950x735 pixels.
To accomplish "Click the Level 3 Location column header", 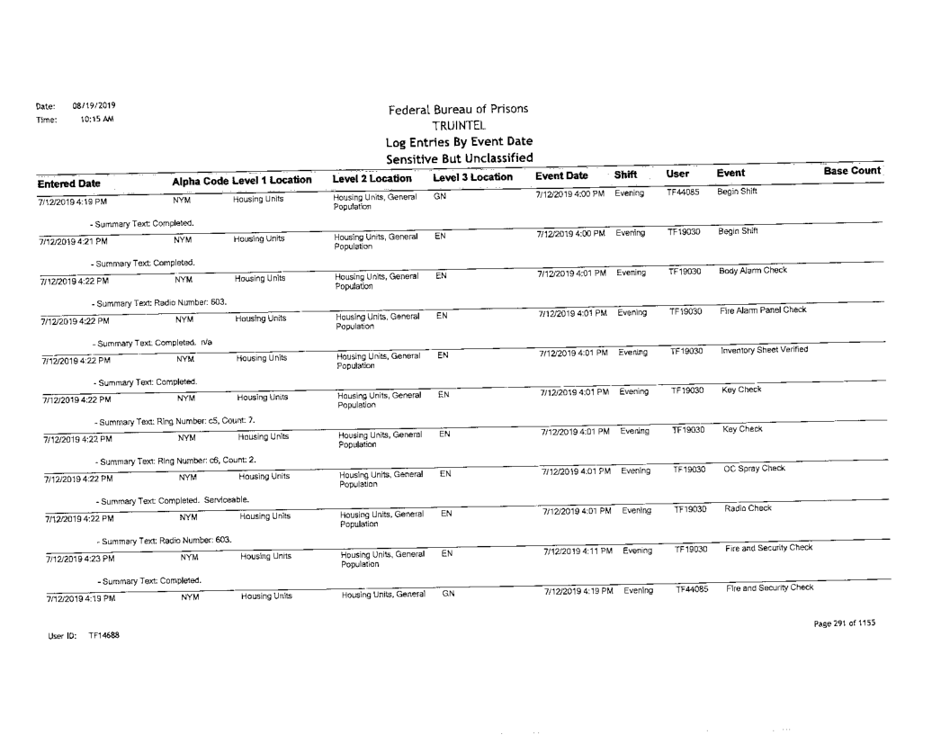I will [472, 180].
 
